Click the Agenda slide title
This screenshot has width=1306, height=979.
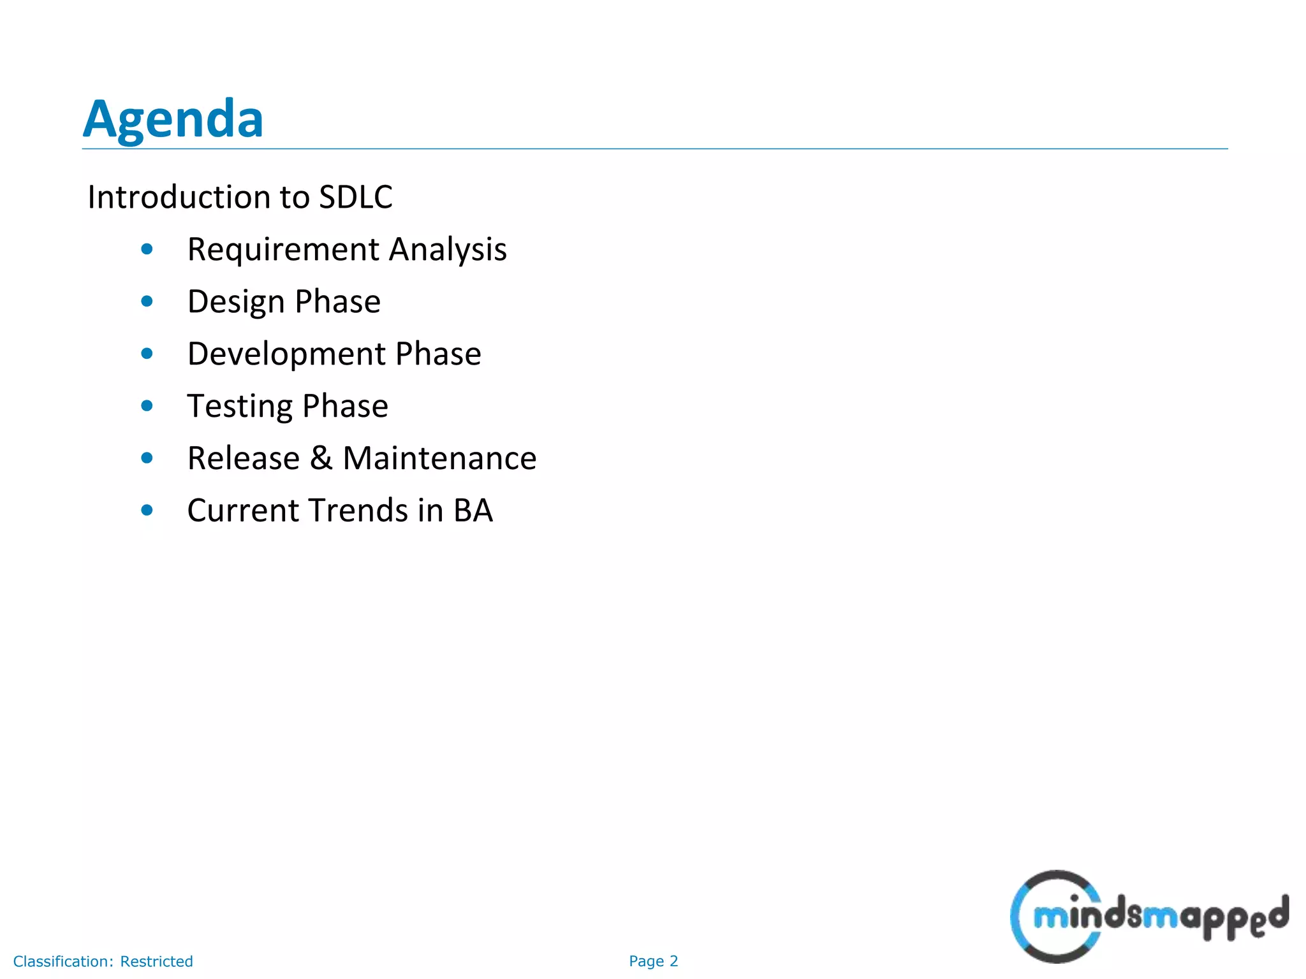tap(173, 119)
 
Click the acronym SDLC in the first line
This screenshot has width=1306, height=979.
tap(355, 197)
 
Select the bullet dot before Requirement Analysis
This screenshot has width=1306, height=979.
tap(147, 249)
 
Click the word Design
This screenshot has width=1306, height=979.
tap(236, 302)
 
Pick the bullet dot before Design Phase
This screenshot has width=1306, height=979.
tap(147, 301)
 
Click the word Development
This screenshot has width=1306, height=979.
tap(286, 354)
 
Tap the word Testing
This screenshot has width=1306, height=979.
tap(239, 407)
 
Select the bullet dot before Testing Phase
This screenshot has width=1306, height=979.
tap(147, 406)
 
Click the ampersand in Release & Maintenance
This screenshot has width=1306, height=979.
tap(321, 458)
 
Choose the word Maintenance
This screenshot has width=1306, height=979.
tap(439, 458)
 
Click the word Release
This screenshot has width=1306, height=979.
tap(244, 458)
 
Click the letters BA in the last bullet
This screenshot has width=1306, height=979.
tap(473, 511)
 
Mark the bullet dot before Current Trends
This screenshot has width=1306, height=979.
tap(147, 510)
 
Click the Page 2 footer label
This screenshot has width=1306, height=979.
tap(653, 961)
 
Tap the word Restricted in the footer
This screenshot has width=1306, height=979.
tap(156, 961)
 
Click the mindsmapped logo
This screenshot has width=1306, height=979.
tap(1148, 917)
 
